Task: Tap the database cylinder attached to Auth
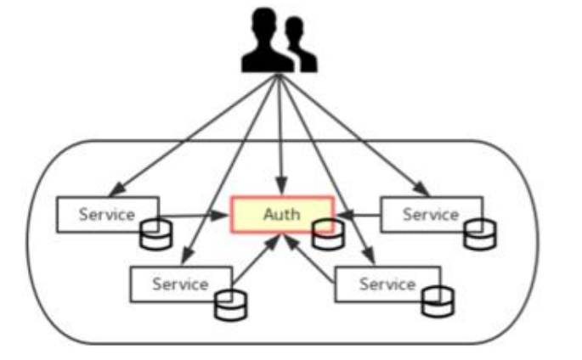325,234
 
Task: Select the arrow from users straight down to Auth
279,136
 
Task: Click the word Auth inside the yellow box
280,214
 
